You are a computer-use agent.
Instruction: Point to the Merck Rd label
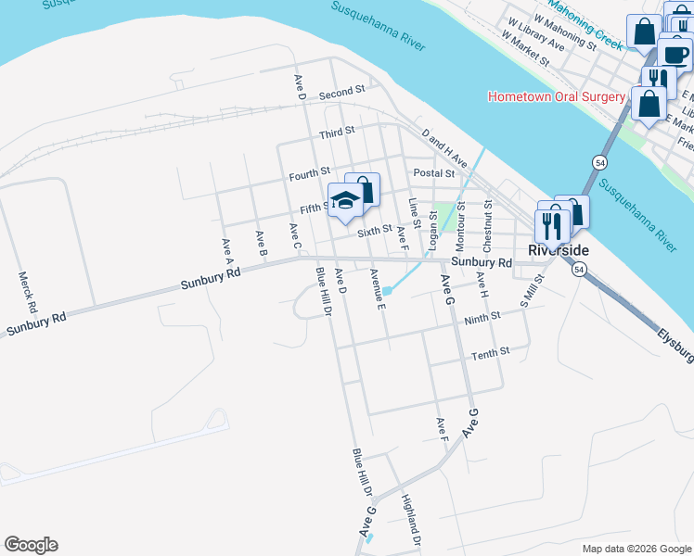[32, 291]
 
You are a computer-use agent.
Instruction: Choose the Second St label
[341, 94]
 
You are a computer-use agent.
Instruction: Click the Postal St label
[434, 173]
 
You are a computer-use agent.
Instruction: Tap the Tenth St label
[490, 354]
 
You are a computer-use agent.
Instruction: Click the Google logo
[32, 545]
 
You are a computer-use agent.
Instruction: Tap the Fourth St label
[309, 173]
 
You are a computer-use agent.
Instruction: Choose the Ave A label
[225, 246]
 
